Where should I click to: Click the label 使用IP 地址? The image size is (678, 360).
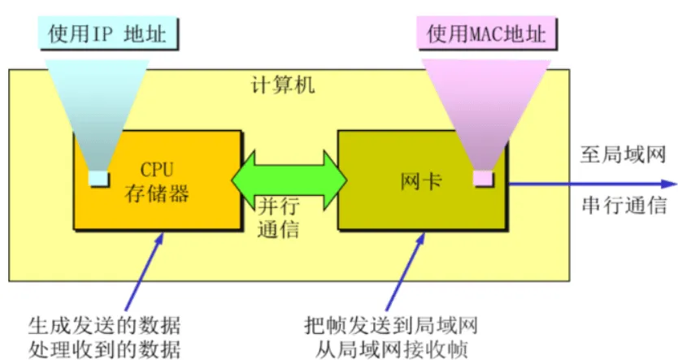click(x=107, y=33)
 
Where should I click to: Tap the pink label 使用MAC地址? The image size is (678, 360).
click(x=486, y=33)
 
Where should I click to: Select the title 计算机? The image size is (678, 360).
click(x=283, y=85)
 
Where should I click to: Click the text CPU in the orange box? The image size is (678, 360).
click(x=157, y=169)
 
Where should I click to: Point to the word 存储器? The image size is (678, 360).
click(x=157, y=193)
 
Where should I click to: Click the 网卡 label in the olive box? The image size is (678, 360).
click(x=421, y=181)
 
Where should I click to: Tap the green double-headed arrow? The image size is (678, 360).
click(x=289, y=180)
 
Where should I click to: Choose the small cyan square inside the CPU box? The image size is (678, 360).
click(x=98, y=179)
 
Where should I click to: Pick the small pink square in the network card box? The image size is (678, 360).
click(x=483, y=179)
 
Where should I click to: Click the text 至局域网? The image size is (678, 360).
click(x=623, y=154)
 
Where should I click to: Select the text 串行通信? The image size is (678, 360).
click(x=624, y=205)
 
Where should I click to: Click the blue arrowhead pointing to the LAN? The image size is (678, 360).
click(x=668, y=184)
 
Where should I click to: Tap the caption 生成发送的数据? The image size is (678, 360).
click(x=104, y=326)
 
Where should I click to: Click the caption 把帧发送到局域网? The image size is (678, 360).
click(x=391, y=325)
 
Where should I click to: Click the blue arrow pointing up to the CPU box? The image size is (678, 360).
click(x=145, y=271)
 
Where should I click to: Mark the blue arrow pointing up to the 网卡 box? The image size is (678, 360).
click(x=405, y=271)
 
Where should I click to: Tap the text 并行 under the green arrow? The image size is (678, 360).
click(x=279, y=206)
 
